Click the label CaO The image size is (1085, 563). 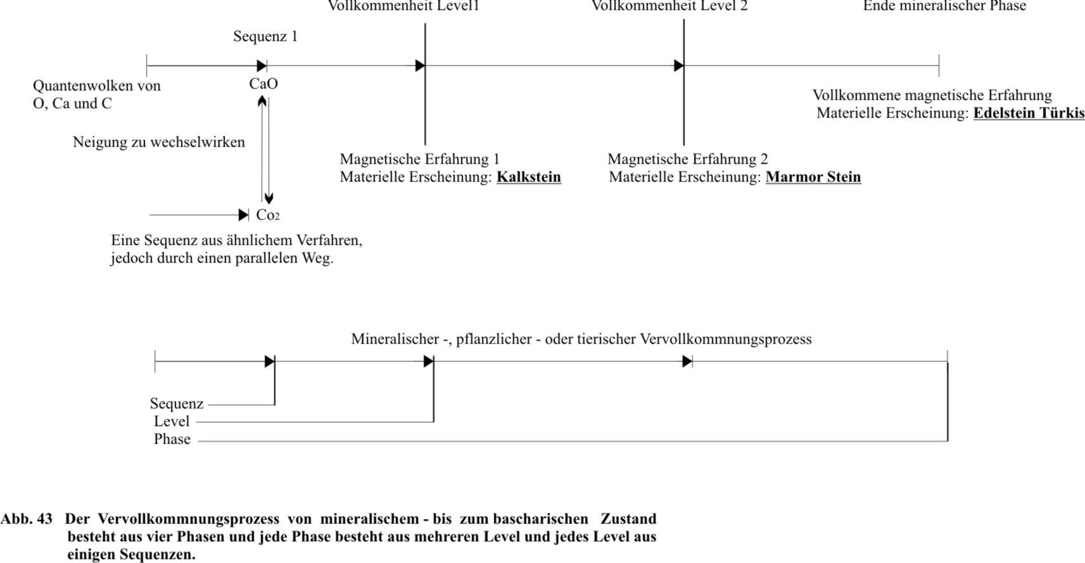[x=263, y=84]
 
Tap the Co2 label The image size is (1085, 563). [x=267, y=215]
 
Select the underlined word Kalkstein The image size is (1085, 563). [x=528, y=177]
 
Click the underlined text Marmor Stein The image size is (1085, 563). [x=813, y=177]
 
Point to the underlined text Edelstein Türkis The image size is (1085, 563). [x=1029, y=113]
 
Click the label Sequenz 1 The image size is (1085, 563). [x=265, y=37]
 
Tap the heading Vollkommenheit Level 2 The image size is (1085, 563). [x=669, y=6]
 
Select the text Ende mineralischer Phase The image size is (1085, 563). [x=944, y=6]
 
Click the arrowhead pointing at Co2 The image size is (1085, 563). [x=243, y=215]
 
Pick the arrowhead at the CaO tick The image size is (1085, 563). [x=262, y=66]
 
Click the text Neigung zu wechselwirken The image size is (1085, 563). [x=158, y=142]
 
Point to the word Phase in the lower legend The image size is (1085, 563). [x=172, y=440]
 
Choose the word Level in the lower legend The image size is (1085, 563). [x=171, y=422]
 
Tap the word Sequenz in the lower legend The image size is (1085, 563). [x=176, y=404]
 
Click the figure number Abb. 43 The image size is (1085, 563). [x=27, y=519]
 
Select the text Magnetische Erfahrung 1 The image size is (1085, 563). [x=419, y=159]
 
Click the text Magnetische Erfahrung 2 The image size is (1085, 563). [x=687, y=159]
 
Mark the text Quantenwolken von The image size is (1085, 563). [x=96, y=86]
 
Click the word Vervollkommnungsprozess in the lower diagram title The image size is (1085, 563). [x=725, y=339]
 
